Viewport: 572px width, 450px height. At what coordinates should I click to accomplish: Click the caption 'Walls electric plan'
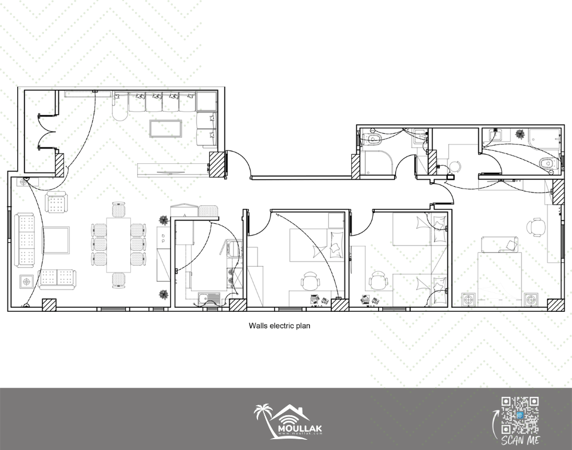click(x=280, y=326)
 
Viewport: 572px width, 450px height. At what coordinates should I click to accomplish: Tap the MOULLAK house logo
click(x=288, y=421)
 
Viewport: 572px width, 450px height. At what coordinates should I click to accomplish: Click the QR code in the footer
click(x=520, y=415)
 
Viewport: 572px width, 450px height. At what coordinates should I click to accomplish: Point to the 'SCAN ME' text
click(x=520, y=440)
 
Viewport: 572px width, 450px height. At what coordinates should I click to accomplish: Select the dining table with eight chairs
click(x=118, y=244)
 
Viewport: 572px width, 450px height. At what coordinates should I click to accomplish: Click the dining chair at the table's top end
click(x=118, y=210)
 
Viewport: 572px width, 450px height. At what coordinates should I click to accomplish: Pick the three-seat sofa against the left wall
click(x=25, y=240)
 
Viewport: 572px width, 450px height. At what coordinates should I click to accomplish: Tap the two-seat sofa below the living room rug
click(x=58, y=279)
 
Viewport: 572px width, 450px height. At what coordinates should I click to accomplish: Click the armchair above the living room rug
click(x=57, y=202)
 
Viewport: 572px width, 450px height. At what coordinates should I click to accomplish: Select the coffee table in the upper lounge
click(x=166, y=128)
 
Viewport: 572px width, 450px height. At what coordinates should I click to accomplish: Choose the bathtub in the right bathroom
click(x=545, y=139)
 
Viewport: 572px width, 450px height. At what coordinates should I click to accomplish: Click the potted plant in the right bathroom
click(x=521, y=134)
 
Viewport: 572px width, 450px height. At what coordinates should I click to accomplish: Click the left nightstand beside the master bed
click(x=468, y=300)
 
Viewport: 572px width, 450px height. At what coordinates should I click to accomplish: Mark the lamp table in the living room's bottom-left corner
click(x=26, y=282)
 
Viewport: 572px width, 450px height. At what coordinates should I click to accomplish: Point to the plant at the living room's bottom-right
click(x=164, y=294)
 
